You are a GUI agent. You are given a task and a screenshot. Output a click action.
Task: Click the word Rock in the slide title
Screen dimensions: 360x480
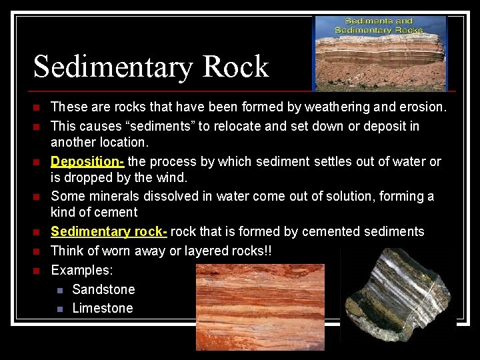tap(235, 67)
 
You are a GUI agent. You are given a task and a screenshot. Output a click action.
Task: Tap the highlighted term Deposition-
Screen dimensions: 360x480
tap(87, 161)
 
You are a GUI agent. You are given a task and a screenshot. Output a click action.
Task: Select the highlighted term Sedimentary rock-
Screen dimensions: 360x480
tap(109, 231)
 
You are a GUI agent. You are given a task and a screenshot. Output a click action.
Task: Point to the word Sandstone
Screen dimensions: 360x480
tap(103, 289)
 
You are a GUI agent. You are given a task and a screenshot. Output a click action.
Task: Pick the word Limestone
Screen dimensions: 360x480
tap(103, 308)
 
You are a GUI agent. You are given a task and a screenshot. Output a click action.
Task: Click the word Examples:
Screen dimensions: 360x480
tap(82, 270)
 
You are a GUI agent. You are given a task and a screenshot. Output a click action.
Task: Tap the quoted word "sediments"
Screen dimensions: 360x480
tap(150, 126)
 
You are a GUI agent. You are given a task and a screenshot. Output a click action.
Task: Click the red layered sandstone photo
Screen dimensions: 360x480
tap(260, 307)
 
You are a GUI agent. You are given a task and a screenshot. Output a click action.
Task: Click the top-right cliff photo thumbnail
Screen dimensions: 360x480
tap(379, 53)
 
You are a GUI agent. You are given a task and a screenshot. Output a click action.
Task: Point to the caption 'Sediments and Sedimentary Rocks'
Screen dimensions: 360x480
tap(379, 25)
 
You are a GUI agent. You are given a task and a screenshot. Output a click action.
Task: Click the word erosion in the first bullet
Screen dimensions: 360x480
tap(421, 107)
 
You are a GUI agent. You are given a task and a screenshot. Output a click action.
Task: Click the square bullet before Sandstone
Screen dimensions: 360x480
tap(60, 290)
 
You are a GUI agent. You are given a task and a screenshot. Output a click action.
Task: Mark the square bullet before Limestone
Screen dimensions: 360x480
tap(60, 309)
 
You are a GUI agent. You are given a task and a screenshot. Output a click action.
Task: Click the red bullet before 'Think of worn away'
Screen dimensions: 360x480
tap(37, 251)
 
